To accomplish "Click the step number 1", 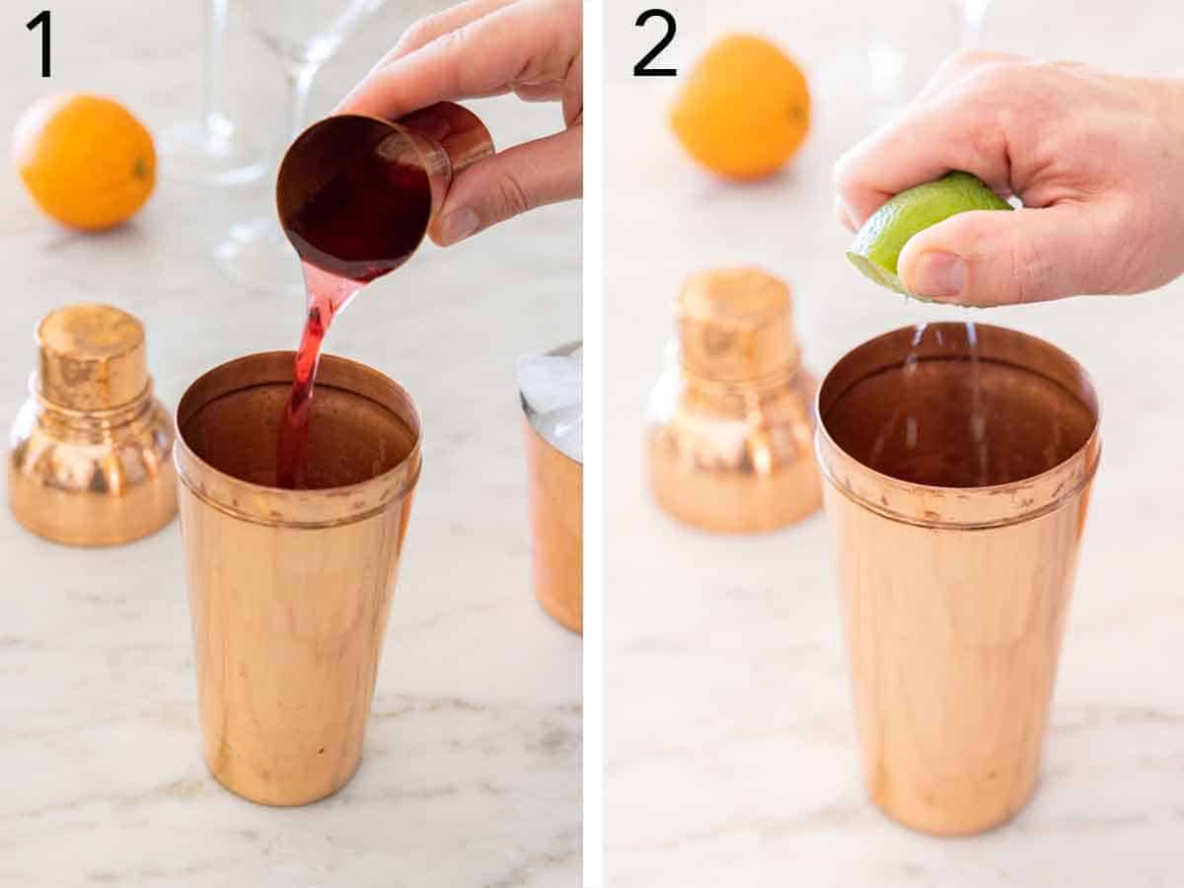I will click(39, 43).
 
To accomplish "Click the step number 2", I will click(654, 43).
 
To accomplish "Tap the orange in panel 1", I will click(85, 161).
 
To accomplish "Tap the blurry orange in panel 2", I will click(740, 107).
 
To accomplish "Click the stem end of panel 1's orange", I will click(141, 169).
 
